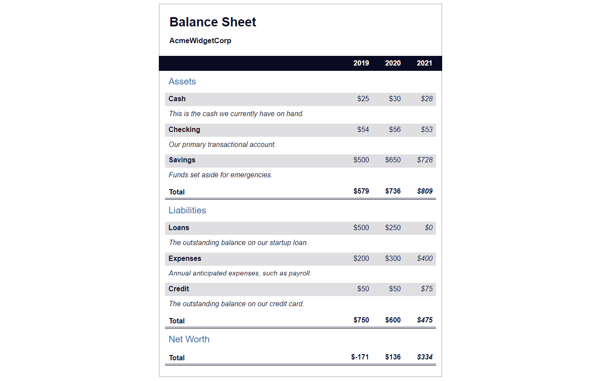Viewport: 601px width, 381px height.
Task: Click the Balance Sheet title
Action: pyautogui.click(x=213, y=22)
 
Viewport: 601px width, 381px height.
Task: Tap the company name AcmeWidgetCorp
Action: pyautogui.click(x=200, y=41)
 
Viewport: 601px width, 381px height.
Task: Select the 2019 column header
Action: pyautogui.click(x=361, y=63)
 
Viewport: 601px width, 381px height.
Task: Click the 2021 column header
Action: pyautogui.click(x=424, y=63)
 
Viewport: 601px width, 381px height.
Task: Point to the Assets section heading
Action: pyautogui.click(x=182, y=81)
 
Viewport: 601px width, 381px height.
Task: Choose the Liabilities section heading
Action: pyautogui.click(x=187, y=210)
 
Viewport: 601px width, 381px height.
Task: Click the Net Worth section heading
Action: pyautogui.click(x=189, y=339)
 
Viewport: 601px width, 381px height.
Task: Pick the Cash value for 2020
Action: pyautogui.click(x=395, y=99)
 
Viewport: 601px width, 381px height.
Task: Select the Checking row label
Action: pyautogui.click(x=184, y=130)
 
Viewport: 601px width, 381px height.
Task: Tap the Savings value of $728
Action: pyautogui.click(x=425, y=160)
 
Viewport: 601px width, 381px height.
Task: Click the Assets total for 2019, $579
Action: pyautogui.click(x=361, y=191)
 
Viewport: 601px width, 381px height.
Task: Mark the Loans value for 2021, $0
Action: pyautogui.click(x=429, y=228)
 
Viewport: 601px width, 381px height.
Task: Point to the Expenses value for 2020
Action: pyautogui.click(x=393, y=259)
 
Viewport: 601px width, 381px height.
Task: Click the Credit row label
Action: pyautogui.click(x=179, y=289)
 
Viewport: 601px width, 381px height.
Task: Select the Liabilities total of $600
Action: pyautogui.click(x=393, y=320)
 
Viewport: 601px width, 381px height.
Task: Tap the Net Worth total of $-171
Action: pyautogui.click(x=360, y=357)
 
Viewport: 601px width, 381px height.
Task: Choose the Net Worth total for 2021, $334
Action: pyautogui.click(x=425, y=357)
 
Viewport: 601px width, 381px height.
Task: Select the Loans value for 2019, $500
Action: pyautogui.click(x=361, y=228)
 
